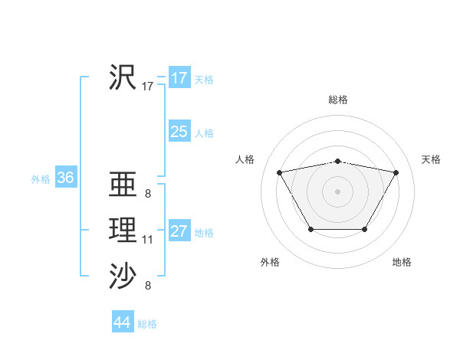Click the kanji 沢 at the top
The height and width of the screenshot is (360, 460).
[123, 77]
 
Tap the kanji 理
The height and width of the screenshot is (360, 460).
[123, 230]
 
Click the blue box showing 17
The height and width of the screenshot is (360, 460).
[179, 78]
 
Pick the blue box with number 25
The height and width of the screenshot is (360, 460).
[179, 132]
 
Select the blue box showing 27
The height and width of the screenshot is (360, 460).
[179, 231]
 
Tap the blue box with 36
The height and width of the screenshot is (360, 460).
[65, 178]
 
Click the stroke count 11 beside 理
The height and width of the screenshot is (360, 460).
[147, 241]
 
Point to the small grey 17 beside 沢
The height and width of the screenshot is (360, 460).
[147, 87]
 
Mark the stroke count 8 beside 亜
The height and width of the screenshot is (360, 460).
[147, 194]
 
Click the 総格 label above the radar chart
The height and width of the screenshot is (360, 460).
[338, 100]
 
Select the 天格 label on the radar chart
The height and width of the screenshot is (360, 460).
[431, 159]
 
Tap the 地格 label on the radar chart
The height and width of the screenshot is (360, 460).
[402, 262]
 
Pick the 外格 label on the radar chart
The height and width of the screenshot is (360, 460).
[270, 262]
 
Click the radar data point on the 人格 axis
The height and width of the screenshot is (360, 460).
[279, 172]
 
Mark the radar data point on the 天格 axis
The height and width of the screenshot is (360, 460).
[396, 172]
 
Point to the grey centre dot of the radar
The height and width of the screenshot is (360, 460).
[337, 191]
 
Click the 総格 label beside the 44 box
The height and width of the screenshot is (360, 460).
[147, 324]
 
